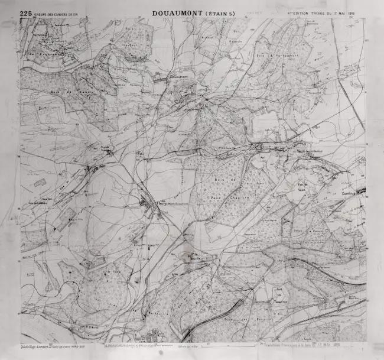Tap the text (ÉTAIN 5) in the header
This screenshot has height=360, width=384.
219,13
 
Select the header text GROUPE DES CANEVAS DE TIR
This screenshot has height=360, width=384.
57,13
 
